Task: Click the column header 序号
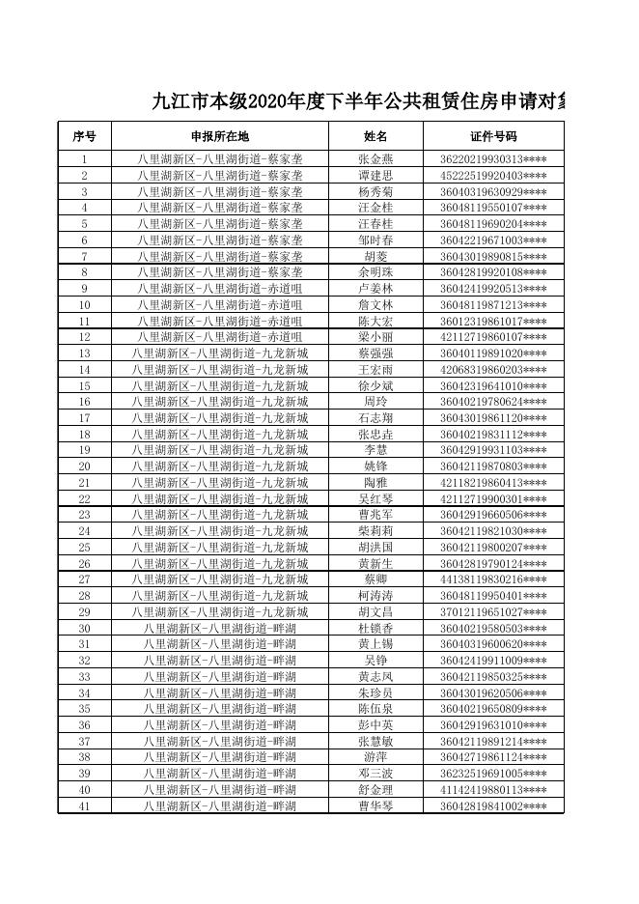point(84,136)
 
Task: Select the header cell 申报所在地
point(219,136)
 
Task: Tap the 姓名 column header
point(375,136)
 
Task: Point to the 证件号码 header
point(493,136)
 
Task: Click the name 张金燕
point(375,159)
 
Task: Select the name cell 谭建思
point(375,176)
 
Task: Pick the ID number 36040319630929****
point(493,192)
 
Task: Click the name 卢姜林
point(375,289)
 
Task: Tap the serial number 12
point(84,337)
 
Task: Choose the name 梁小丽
point(375,337)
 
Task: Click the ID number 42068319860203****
point(493,370)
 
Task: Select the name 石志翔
point(375,418)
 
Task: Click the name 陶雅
point(375,483)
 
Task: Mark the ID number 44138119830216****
point(493,579)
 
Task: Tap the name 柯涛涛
point(375,596)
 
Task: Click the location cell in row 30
point(219,629)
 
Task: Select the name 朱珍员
point(375,693)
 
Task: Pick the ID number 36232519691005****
point(493,774)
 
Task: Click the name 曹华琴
point(375,806)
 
